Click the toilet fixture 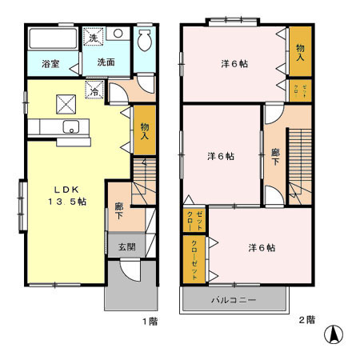(145, 41)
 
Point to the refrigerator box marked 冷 (93, 91)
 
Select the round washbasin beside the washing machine (117, 35)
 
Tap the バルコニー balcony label (234, 301)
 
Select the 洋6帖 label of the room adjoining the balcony (261, 248)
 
